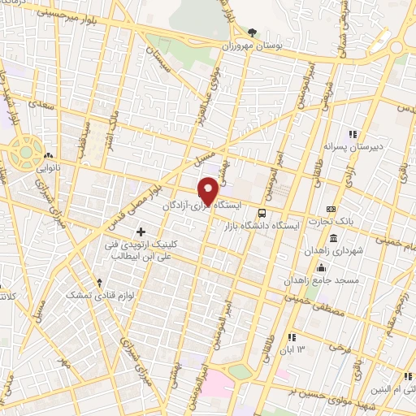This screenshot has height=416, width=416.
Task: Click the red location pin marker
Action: click(x=209, y=191)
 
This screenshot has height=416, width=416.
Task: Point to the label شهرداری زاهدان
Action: click(x=332, y=252)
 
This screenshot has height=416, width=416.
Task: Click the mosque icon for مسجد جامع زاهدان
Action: click(x=322, y=268)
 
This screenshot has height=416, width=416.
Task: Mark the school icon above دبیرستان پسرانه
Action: click(x=352, y=135)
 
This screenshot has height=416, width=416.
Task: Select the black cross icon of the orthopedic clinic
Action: click(x=142, y=232)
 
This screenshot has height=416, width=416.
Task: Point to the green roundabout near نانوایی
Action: click(x=24, y=151)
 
